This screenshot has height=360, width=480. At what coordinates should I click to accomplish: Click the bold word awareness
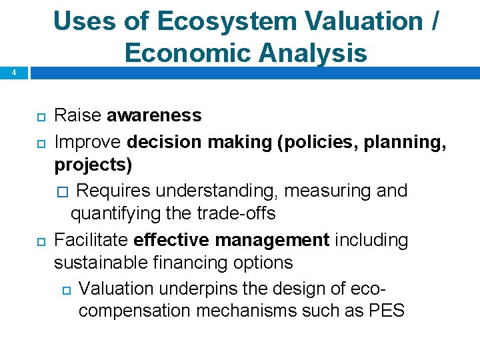(154, 115)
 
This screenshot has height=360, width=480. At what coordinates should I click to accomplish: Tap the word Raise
(78, 115)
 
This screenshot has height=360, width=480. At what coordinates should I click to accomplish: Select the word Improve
(88, 142)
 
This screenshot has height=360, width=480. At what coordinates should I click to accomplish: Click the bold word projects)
(93, 164)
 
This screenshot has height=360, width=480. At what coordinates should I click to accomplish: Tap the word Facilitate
(91, 239)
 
